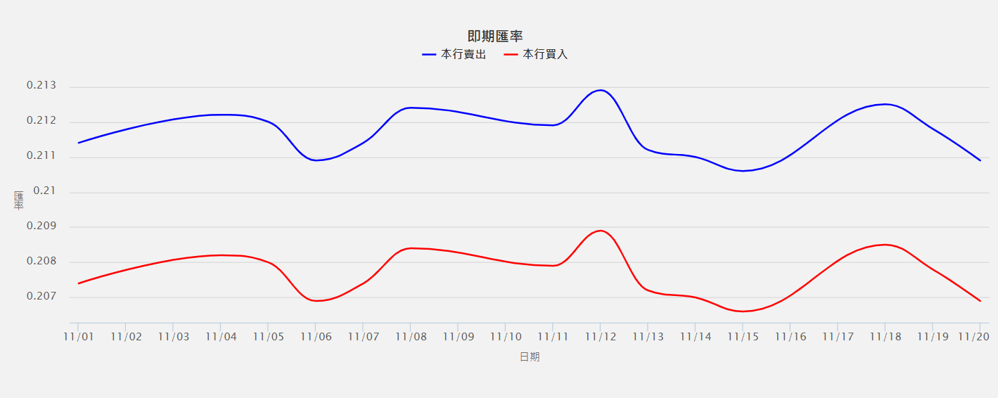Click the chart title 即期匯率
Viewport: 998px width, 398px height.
coord(495,37)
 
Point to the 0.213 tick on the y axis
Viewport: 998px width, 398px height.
coord(41,86)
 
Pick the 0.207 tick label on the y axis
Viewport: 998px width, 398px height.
coord(41,296)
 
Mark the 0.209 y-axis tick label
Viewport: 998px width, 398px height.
coord(41,226)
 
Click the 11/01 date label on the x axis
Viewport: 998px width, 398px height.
coord(78,337)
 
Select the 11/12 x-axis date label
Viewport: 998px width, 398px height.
coord(600,337)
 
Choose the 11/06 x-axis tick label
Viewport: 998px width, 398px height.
coord(315,337)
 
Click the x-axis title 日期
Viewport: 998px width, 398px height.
coord(530,357)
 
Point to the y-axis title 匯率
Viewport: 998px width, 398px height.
coord(19,200)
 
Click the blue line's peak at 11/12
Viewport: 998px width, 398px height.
coord(600,90)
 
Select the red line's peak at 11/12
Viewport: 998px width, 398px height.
coord(600,231)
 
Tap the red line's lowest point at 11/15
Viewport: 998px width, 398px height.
coord(743,311)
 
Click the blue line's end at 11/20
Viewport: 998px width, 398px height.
coord(980,160)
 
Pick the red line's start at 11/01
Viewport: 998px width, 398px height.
coord(78,283)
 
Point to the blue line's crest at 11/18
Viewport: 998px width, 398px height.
coord(885,104)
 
